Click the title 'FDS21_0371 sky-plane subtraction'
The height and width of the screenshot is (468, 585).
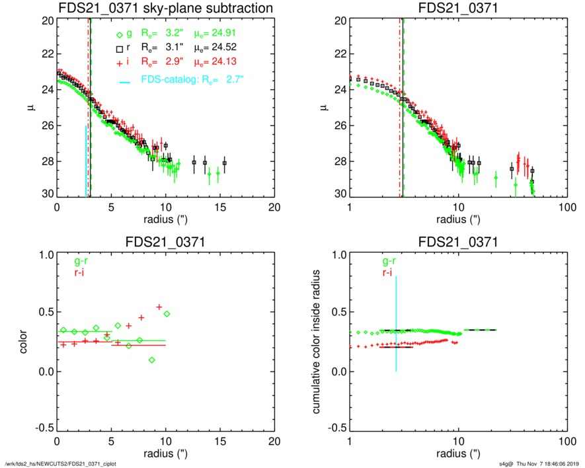[165, 9]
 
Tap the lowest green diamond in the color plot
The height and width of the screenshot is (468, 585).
[152, 360]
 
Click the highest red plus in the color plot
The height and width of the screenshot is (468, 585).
[159, 307]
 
